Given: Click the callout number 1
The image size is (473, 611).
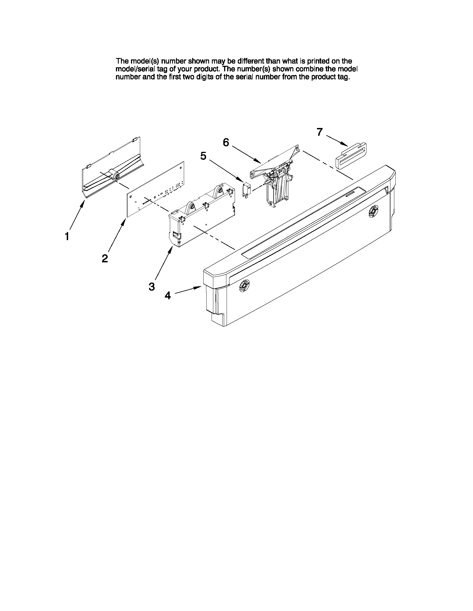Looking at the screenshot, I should tap(67, 237).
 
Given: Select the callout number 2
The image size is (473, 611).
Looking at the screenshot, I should tap(105, 258).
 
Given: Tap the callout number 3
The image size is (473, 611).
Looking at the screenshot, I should tap(152, 286).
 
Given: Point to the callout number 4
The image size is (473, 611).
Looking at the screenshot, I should tap(168, 295).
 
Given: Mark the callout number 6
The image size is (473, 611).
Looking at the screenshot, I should tap(226, 142).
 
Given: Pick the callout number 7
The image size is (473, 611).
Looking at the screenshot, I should tap(320, 132).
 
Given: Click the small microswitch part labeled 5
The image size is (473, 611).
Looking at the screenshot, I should tap(246, 190).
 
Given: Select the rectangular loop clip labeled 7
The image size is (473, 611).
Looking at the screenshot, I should tap(351, 156).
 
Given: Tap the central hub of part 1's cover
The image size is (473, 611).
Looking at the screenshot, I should tap(115, 175).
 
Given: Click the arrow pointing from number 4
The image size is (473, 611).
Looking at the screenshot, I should tap(188, 290).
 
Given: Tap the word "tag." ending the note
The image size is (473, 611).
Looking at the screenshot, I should tap(344, 77).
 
